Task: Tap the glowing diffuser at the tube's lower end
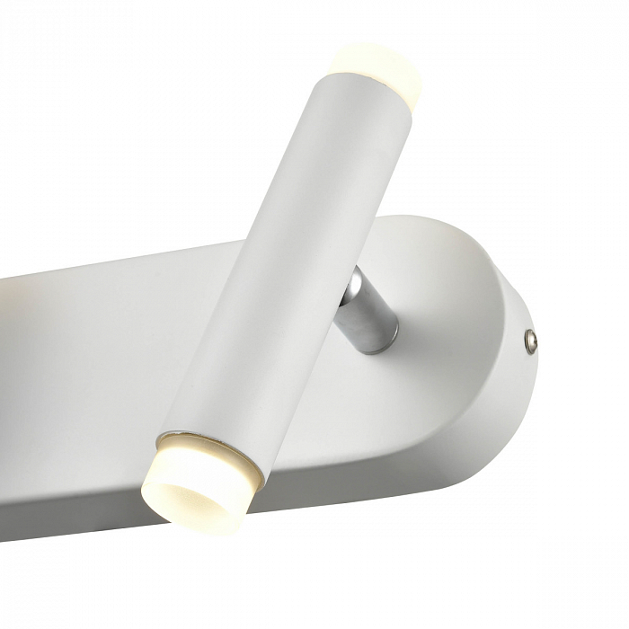(198, 481)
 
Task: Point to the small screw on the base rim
(531, 339)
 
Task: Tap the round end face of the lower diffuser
(184, 494)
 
